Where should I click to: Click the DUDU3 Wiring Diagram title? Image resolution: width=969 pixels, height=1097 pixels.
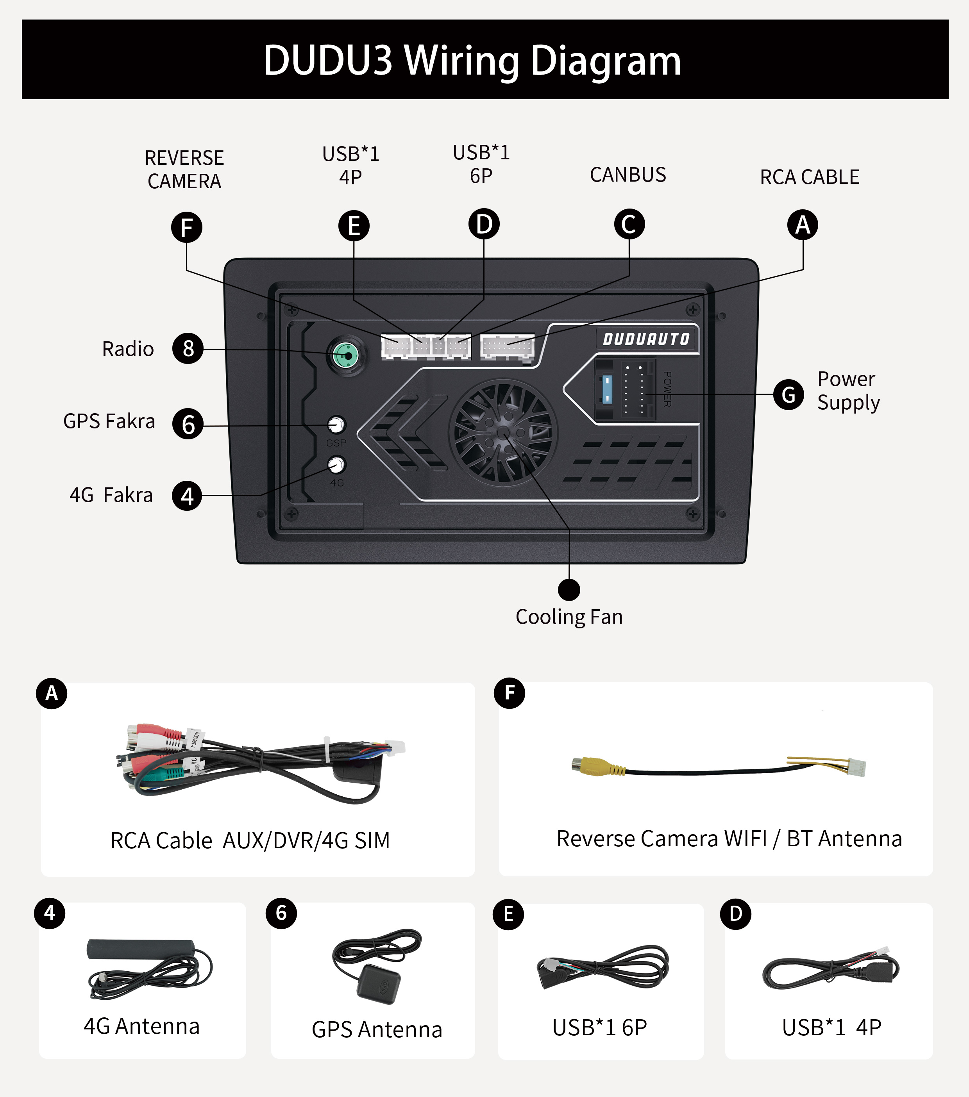(x=472, y=60)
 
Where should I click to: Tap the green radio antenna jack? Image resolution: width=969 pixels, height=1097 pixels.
(x=347, y=355)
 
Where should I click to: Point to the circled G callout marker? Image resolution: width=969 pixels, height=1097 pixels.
(x=788, y=394)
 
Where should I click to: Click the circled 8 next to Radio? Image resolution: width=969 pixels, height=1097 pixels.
(x=188, y=348)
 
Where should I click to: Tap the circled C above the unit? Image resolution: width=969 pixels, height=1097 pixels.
(x=629, y=224)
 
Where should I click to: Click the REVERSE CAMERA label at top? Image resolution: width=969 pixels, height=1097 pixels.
(x=184, y=169)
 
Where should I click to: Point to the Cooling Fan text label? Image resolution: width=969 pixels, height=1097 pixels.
(x=569, y=617)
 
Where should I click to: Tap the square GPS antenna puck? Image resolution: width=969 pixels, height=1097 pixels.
(x=379, y=983)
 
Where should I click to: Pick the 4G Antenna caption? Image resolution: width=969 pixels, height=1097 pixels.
(x=142, y=1026)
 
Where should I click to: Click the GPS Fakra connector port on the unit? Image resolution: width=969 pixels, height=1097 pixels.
(x=336, y=425)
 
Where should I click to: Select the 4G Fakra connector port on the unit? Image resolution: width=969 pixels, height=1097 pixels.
(x=336, y=464)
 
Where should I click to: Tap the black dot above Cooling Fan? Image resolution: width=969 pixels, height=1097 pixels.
(x=569, y=589)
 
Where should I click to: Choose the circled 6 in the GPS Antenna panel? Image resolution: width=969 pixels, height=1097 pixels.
(x=281, y=913)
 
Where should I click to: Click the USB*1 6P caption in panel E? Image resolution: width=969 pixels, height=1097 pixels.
(x=600, y=1027)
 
